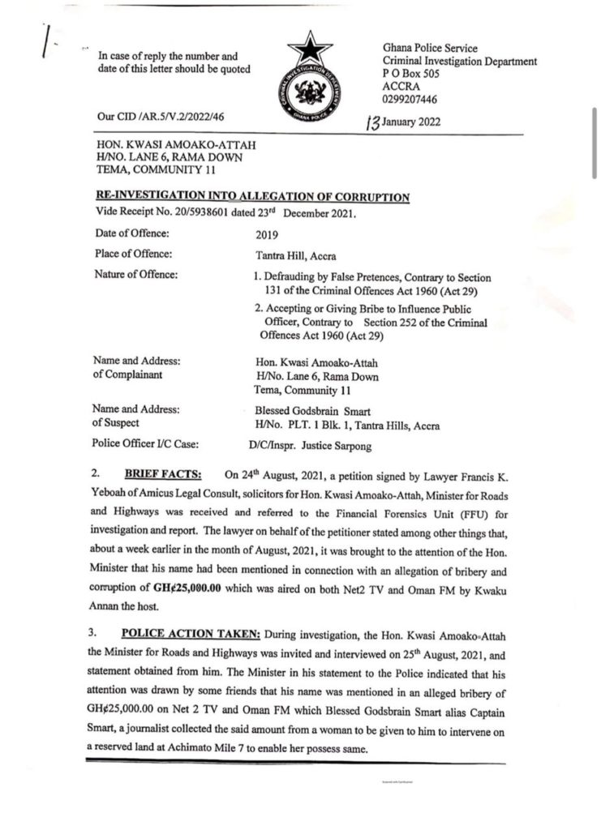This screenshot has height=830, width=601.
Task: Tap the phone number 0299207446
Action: tap(410, 99)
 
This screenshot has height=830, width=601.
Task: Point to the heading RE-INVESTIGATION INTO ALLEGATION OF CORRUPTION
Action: tap(253, 197)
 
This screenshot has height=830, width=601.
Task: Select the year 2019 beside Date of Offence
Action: tap(266, 233)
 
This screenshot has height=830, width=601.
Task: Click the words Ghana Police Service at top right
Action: tap(430, 49)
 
